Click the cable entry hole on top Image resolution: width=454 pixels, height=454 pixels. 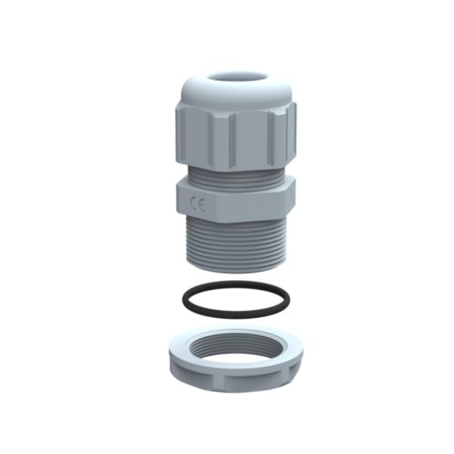(235, 78)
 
